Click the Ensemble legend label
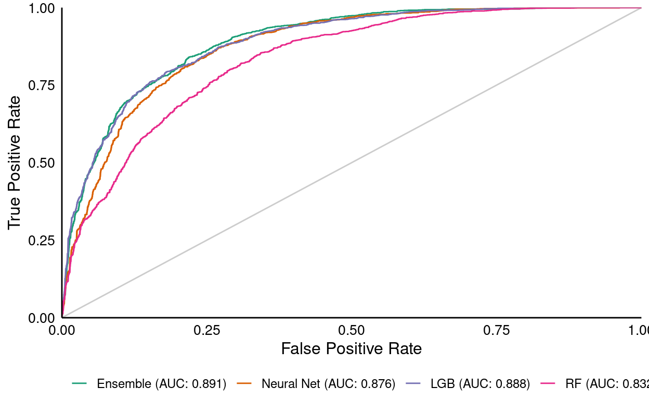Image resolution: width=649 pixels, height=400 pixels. tap(161, 384)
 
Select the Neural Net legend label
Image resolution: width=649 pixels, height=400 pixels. tap(329, 384)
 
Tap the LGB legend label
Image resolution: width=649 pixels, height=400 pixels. tap(480, 384)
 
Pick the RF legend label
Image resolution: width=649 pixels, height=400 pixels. tap(606, 384)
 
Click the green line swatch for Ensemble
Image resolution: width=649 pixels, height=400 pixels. tap(79, 384)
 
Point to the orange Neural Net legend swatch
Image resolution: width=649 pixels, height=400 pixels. tap(244, 384)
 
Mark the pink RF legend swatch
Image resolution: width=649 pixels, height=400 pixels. tap(548, 384)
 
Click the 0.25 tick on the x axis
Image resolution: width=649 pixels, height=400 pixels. tap(206, 330)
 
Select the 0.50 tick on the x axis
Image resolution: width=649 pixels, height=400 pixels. tap(351, 330)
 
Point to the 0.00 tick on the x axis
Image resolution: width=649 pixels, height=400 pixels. tap(62, 330)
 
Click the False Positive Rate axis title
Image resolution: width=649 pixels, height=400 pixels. tap(351, 348)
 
